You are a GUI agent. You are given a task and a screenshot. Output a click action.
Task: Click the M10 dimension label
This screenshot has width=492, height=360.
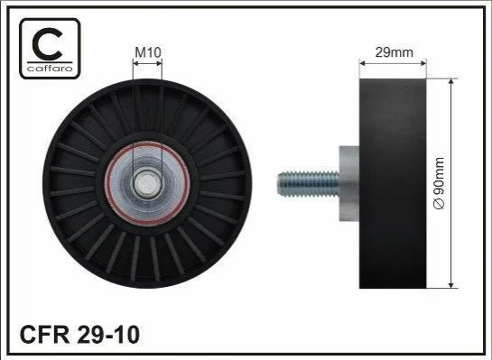click(148, 52)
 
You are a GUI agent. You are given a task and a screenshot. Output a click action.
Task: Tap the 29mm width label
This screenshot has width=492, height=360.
click(395, 52)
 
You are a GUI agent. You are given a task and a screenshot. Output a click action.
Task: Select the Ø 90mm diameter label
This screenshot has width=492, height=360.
click(439, 183)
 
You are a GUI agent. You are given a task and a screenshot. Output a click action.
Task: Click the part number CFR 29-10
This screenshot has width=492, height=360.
click(79, 336)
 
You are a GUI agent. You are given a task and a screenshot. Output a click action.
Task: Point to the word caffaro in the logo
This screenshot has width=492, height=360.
click(50, 68)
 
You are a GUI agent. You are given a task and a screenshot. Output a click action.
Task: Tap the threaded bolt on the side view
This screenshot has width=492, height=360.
click(308, 183)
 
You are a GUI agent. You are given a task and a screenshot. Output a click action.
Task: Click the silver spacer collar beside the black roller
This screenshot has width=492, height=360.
click(349, 183)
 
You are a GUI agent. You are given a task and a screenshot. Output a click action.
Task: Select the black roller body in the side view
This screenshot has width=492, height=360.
click(393, 183)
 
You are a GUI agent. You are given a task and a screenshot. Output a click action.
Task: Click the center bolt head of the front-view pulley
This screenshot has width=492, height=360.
click(147, 184)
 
